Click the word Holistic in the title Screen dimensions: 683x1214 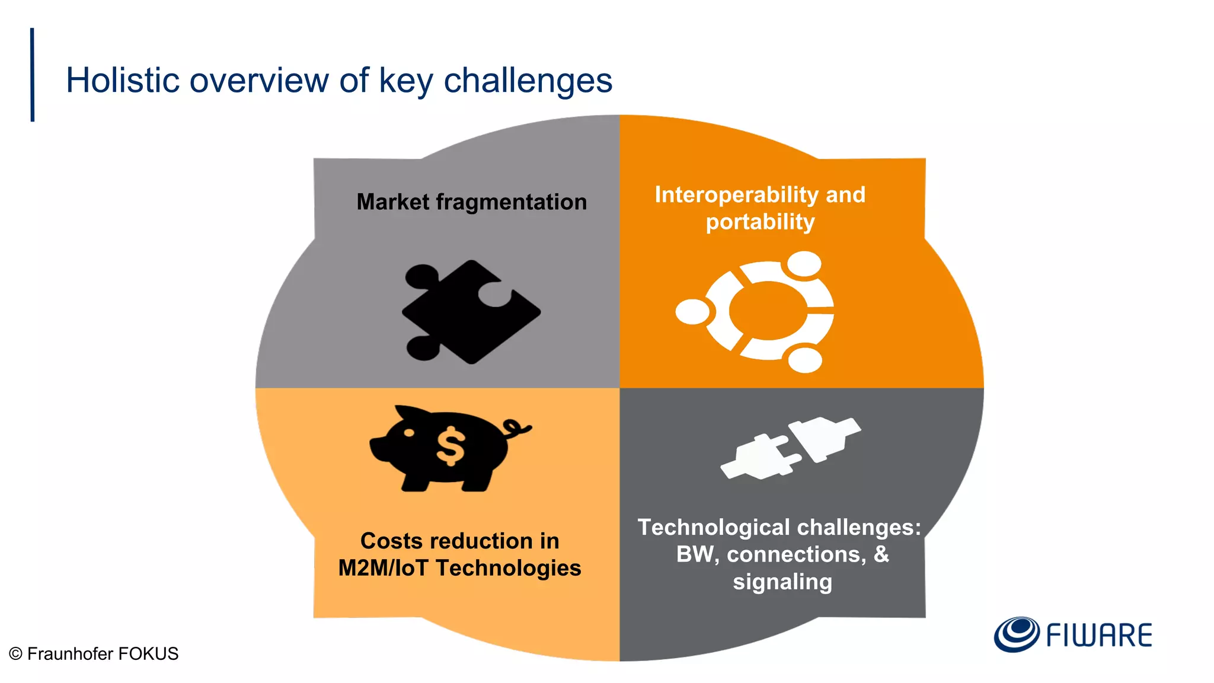tap(122, 80)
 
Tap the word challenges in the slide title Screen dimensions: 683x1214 tap(528, 80)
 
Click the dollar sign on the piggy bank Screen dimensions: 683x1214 tap(451, 446)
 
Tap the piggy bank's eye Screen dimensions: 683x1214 tap(409, 433)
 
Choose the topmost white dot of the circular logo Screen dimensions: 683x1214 tap(804, 264)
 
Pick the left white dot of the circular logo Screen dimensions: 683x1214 tap(692, 312)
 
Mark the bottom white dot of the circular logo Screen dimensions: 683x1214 tap(805, 360)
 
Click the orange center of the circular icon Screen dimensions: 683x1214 tap(768, 311)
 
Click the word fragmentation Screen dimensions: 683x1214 tap(511, 202)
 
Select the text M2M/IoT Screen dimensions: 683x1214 tap(383, 568)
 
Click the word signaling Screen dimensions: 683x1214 tap(782, 582)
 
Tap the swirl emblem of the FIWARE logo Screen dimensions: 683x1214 tap(1016, 634)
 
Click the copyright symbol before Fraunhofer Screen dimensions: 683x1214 tap(15, 654)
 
